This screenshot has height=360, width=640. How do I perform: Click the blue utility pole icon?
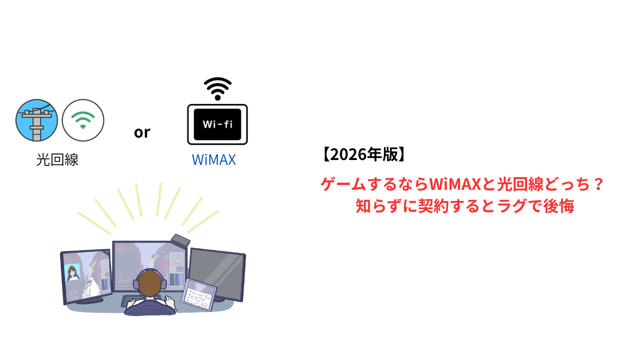(x=36, y=120)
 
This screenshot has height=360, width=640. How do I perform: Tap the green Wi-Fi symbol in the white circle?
(x=83, y=120)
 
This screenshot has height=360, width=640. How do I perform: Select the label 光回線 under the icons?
(x=58, y=159)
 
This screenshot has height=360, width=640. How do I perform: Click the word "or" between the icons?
(x=142, y=132)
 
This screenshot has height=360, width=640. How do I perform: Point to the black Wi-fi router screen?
(x=217, y=125)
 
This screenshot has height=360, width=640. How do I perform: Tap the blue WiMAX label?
(x=213, y=159)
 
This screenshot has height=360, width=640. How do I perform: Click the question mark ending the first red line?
(x=598, y=185)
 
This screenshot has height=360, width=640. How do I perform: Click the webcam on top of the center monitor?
(x=180, y=240)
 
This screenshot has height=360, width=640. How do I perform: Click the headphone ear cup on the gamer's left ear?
(x=135, y=284)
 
